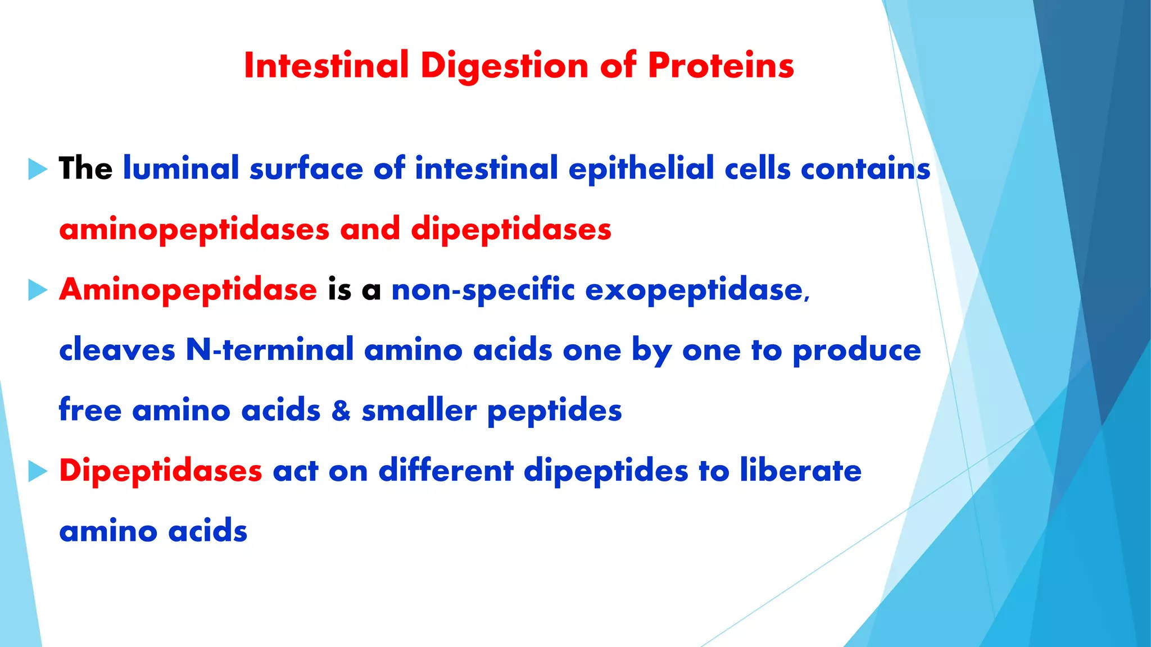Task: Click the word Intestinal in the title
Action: (326, 66)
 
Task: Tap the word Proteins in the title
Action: (720, 66)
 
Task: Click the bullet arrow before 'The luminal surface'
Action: (38, 169)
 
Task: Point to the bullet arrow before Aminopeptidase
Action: (38, 290)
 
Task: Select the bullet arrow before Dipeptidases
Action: (38, 471)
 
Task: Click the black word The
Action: (85, 168)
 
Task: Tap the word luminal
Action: (181, 168)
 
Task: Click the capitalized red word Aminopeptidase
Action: (188, 290)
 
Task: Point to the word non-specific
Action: (483, 290)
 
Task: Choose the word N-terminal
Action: (269, 350)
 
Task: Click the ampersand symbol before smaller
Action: (341, 411)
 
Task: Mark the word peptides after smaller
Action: (554, 411)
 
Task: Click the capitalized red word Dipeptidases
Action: (161, 471)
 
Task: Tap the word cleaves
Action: (117, 350)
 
